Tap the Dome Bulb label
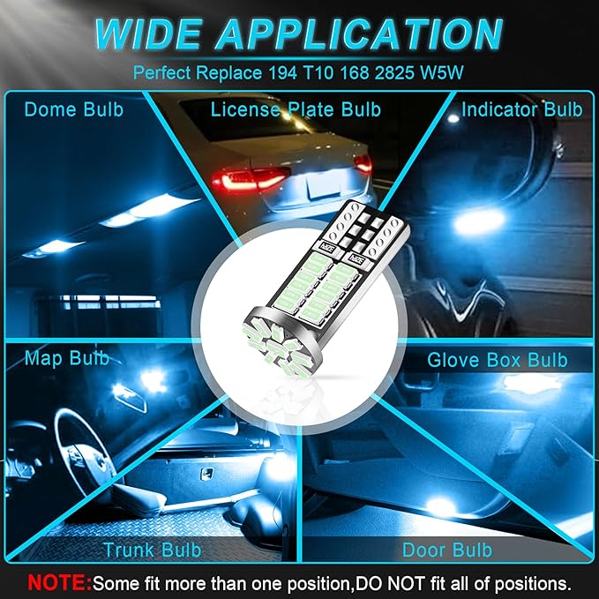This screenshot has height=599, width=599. click(x=74, y=109)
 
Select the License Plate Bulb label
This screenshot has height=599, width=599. click(x=296, y=109)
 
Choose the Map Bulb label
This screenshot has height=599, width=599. click(x=67, y=358)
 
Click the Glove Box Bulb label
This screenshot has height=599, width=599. click(x=497, y=360)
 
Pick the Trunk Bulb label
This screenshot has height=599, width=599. click(x=152, y=550)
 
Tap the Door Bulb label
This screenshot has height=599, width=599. click(x=447, y=550)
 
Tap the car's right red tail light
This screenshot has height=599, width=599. click(x=362, y=164)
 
